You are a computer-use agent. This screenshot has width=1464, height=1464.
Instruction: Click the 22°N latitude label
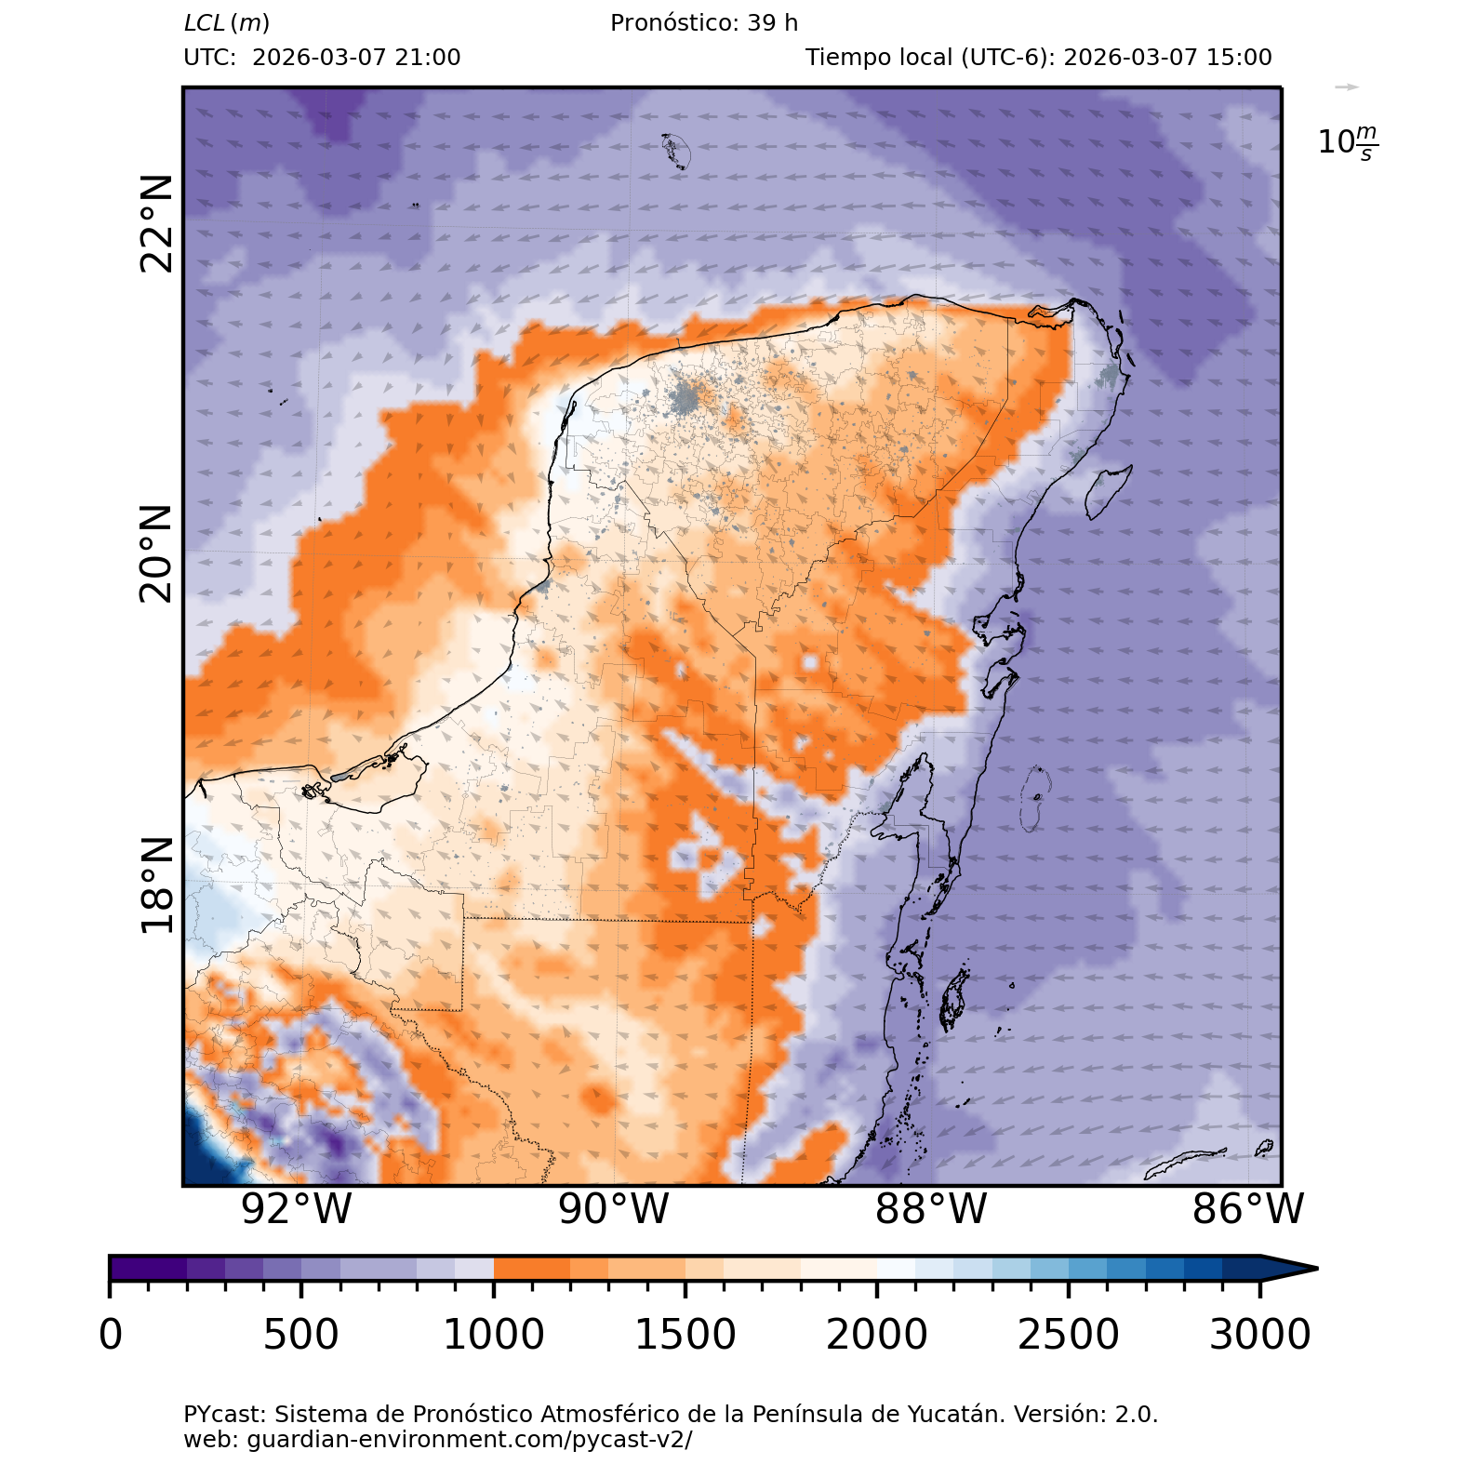pyautogui.click(x=157, y=223)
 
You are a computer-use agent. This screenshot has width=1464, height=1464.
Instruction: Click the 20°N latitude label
pyautogui.click(x=157, y=554)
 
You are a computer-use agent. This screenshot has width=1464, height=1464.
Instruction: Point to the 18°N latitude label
pyautogui.click(x=157, y=885)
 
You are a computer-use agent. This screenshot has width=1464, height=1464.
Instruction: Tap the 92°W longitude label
pyautogui.click(x=297, y=1209)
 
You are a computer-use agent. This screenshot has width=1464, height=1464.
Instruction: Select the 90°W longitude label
pyautogui.click(x=614, y=1209)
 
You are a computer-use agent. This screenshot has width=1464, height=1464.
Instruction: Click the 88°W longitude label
pyautogui.click(x=931, y=1209)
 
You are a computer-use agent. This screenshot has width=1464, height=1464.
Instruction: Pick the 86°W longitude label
pyautogui.click(x=1248, y=1209)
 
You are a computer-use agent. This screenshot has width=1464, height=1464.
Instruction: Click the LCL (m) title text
pyautogui.click(x=227, y=23)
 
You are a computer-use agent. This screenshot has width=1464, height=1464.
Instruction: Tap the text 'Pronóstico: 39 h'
pyautogui.click(x=704, y=23)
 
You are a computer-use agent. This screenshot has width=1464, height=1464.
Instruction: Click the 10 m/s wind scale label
pyautogui.click(x=1348, y=142)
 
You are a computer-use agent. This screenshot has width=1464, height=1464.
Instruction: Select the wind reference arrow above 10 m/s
pyautogui.click(x=1346, y=87)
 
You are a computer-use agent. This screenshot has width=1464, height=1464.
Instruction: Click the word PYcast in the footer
pyautogui.click(x=223, y=1415)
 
